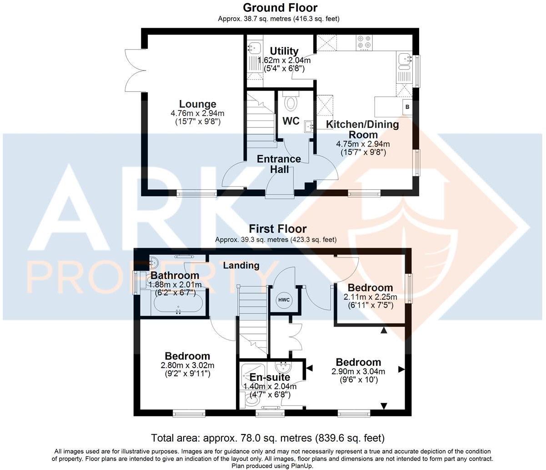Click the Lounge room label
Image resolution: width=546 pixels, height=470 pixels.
pyautogui.click(x=197, y=104)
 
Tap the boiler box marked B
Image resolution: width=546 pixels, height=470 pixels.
pyautogui.click(x=407, y=107)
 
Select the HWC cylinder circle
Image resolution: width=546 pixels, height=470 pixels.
pyautogui.click(x=284, y=300)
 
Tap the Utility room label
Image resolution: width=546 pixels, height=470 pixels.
pyautogui.click(x=284, y=51)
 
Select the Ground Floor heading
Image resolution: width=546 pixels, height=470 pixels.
pyautogui.click(x=280, y=8)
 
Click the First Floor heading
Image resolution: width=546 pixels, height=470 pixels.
pyautogui.click(x=277, y=229)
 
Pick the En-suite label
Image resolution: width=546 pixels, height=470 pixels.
pyautogui.click(x=270, y=377)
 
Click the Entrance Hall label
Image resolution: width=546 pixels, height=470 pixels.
pyautogui.click(x=279, y=164)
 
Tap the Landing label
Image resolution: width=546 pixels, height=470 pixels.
pyautogui.click(x=241, y=265)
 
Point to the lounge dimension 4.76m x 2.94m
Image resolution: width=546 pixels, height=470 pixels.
pyautogui.click(x=197, y=113)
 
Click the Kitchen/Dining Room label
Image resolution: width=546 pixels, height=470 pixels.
pyautogui.click(x=363, y=129)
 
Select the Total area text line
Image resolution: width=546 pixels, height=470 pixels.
pyautogui.click(x=268, y=438)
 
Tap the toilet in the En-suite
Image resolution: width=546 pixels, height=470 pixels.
pyautogui.click(x=250, y=400)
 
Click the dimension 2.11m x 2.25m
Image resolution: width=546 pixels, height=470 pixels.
pyautogui.click(x=370, y=297)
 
